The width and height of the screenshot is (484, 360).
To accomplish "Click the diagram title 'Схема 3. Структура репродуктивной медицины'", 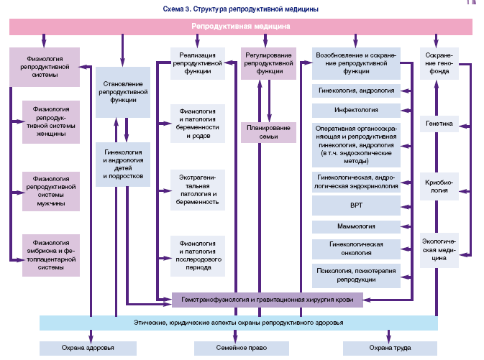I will click(241, 9).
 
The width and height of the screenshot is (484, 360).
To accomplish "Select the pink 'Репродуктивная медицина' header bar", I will click(241, 27).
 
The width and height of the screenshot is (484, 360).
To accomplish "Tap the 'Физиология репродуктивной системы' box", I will click(45, 67).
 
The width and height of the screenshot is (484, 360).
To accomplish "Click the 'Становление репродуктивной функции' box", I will click(122, 91).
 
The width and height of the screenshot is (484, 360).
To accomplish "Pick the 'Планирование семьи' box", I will click(268, 132).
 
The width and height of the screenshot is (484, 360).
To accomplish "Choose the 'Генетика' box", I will click(439, 124).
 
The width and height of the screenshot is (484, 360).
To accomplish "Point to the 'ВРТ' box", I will click(356, 206).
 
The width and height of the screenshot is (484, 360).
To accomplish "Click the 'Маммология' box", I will click(356, 227).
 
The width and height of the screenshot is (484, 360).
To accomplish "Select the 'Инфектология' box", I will click(356, 111).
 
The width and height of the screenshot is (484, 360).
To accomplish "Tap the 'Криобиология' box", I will click(439, 186).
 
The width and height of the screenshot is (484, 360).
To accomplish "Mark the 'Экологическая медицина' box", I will click(439, 249).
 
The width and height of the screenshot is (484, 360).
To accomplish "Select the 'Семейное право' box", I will click(241, 349).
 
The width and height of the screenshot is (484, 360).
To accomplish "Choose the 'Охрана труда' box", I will click(390, 349).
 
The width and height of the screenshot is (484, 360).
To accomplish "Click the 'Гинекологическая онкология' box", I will click(356, 249).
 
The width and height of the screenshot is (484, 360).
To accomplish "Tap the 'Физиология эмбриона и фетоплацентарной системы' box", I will click(50, 254).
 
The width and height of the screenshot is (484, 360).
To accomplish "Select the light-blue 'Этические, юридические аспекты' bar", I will click(239, 323).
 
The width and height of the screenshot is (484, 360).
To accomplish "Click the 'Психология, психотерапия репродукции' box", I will click(356, 274).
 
